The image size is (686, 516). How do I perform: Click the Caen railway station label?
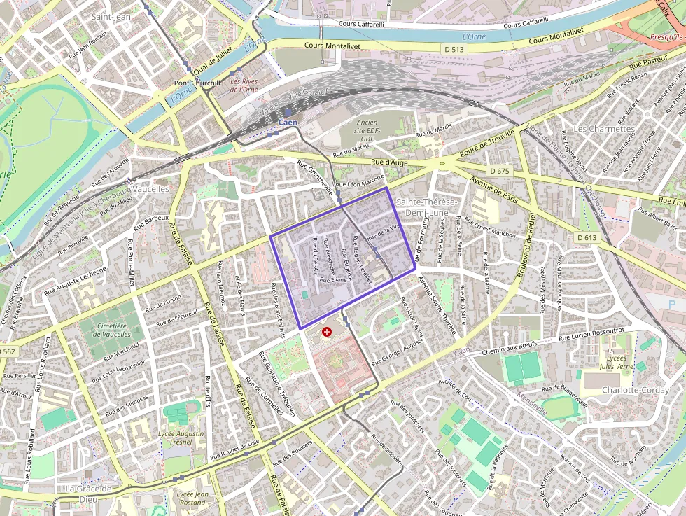(x=288, y=123)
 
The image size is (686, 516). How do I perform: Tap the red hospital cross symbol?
(x=327, y=331)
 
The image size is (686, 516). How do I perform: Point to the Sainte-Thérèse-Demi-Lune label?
(x=427, y=206)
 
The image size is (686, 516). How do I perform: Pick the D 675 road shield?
(x=500, y=171)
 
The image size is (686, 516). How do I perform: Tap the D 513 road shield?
(x=454, y=49)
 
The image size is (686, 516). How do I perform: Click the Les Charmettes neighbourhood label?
(x=603, y=129)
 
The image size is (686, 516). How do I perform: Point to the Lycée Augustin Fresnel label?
(x=181, y=438)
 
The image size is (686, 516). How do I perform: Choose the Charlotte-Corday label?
(x=635, y=390)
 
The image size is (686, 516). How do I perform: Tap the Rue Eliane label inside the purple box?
(x=334, y=279)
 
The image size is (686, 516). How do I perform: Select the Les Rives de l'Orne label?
(x=244, y=85)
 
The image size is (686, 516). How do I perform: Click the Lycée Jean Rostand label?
(x=192, y=498)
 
